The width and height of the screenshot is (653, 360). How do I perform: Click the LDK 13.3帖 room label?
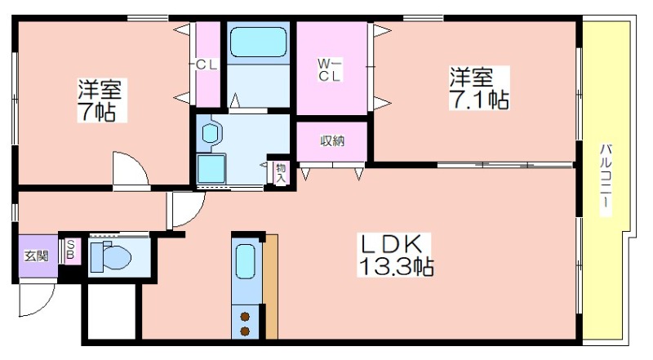tap(395, 255)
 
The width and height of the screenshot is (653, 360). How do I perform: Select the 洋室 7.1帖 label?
tap(479, 88)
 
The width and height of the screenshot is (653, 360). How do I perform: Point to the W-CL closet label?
tap(330, 69)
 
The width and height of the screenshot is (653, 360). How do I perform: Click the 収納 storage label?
tap(332, 141)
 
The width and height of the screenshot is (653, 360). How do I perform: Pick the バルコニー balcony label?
tap(606, 179)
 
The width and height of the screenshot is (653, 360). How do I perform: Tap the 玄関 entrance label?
tap(36, 256)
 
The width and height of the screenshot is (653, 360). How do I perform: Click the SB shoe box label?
tap(70, 249)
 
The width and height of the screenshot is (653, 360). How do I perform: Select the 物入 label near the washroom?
tap(281, 173)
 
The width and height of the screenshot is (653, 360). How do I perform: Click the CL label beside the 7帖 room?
tap(207, 65)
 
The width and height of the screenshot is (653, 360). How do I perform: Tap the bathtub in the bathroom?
tap(258, 42)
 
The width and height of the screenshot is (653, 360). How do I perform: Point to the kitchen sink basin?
tap(246, 262)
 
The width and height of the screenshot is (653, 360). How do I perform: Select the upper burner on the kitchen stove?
tap(245, 317)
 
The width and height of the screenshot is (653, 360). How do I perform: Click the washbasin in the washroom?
tap(210, 133)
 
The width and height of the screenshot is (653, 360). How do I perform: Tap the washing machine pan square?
tap(211, 169)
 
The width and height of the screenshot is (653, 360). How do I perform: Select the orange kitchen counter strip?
tap(271, 287)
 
